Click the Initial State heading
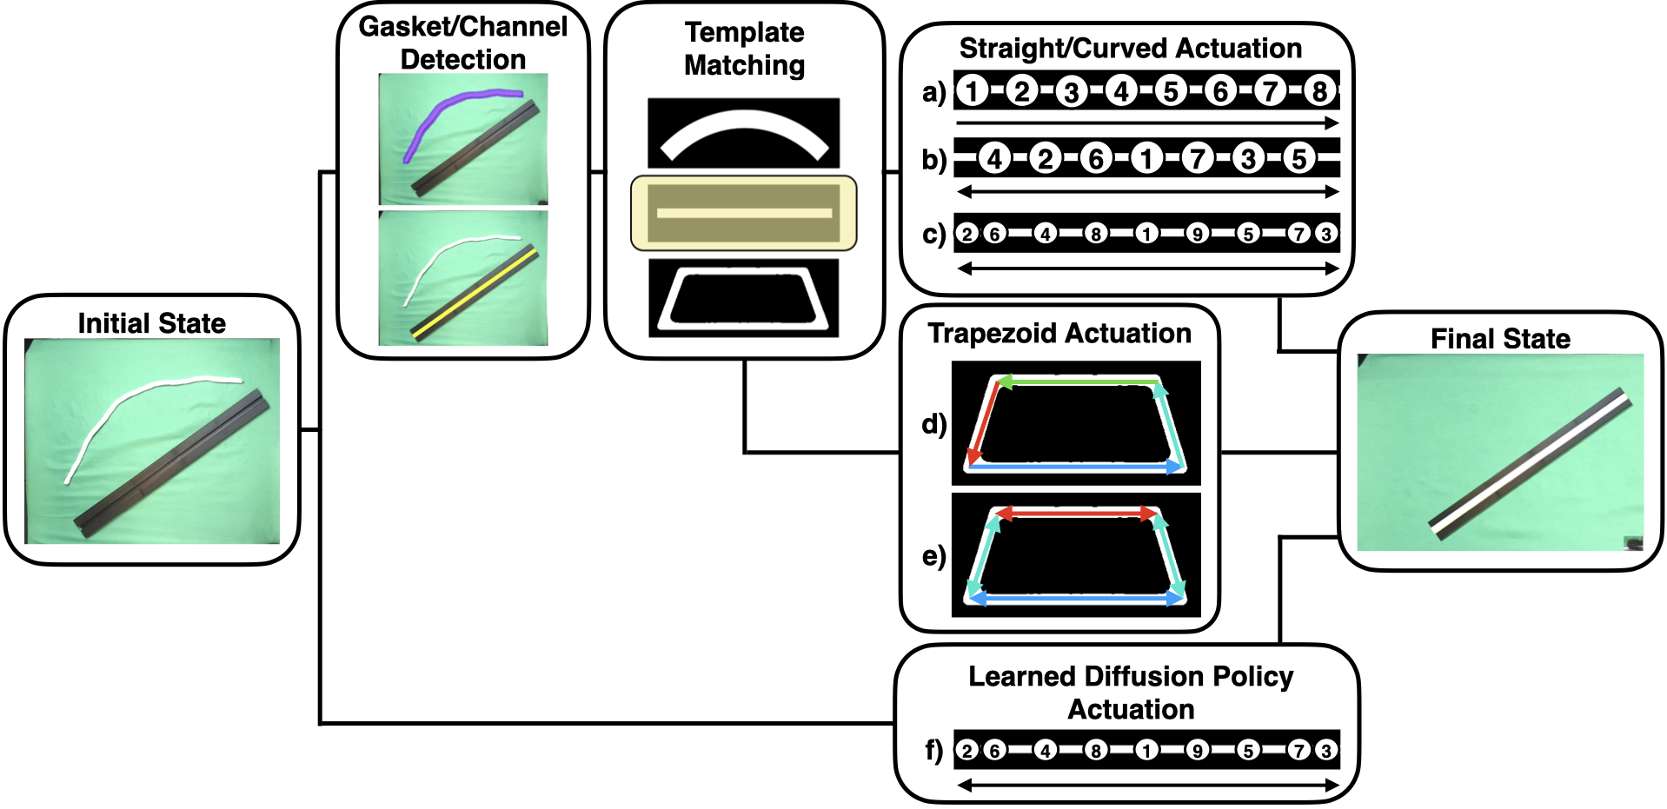tap(151, 323)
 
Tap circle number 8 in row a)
tap(1319, 90)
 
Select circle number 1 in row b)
tap(1147, 159)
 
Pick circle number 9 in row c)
tap(1198, 234)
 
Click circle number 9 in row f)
tap(1198, 750)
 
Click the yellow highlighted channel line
tap(474, 293)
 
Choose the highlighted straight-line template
tap(744, 213)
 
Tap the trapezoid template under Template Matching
tap(744, 298)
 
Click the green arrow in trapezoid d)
tap(1078, 381)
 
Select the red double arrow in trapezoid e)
tap(1076, 514)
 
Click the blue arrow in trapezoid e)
tap(1076, 599)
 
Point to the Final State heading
tap(1500, 339)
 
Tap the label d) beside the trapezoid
tap(933, 424)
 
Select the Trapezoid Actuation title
tap(1059, 334)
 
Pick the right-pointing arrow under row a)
tap(1147, 123)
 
